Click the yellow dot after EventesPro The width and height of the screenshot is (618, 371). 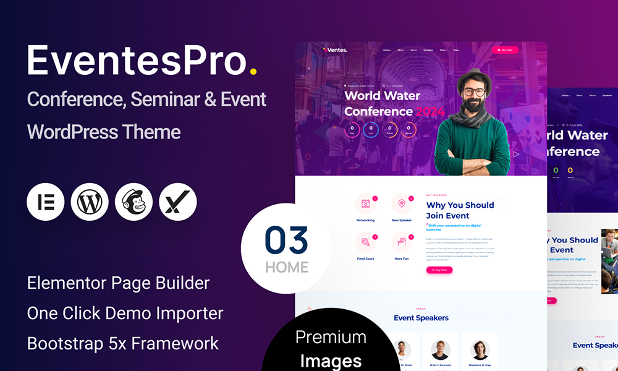tap(253, 72)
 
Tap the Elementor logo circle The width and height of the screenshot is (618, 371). tap(46, 202)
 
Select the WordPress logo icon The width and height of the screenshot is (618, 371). tap(90, 202)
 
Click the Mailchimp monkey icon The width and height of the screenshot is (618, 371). tap(133, 202)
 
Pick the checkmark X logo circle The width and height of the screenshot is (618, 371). tap(178, 202)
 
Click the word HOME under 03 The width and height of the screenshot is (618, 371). tap(287, 268)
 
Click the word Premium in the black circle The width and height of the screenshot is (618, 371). tap(331, 338)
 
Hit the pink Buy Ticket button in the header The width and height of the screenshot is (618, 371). tap(505, 50)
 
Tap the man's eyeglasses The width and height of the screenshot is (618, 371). tap(474, 92)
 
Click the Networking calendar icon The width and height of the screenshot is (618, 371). tap(365, 204)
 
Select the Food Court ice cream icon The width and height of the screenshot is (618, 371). tap(365, 242)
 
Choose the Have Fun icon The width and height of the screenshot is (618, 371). tap(402, 242)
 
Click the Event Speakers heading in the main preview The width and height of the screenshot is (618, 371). tap(421, 318)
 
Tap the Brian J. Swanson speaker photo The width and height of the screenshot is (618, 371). tap(440, 349)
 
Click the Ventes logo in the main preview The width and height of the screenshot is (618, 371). tap(336, 50)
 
